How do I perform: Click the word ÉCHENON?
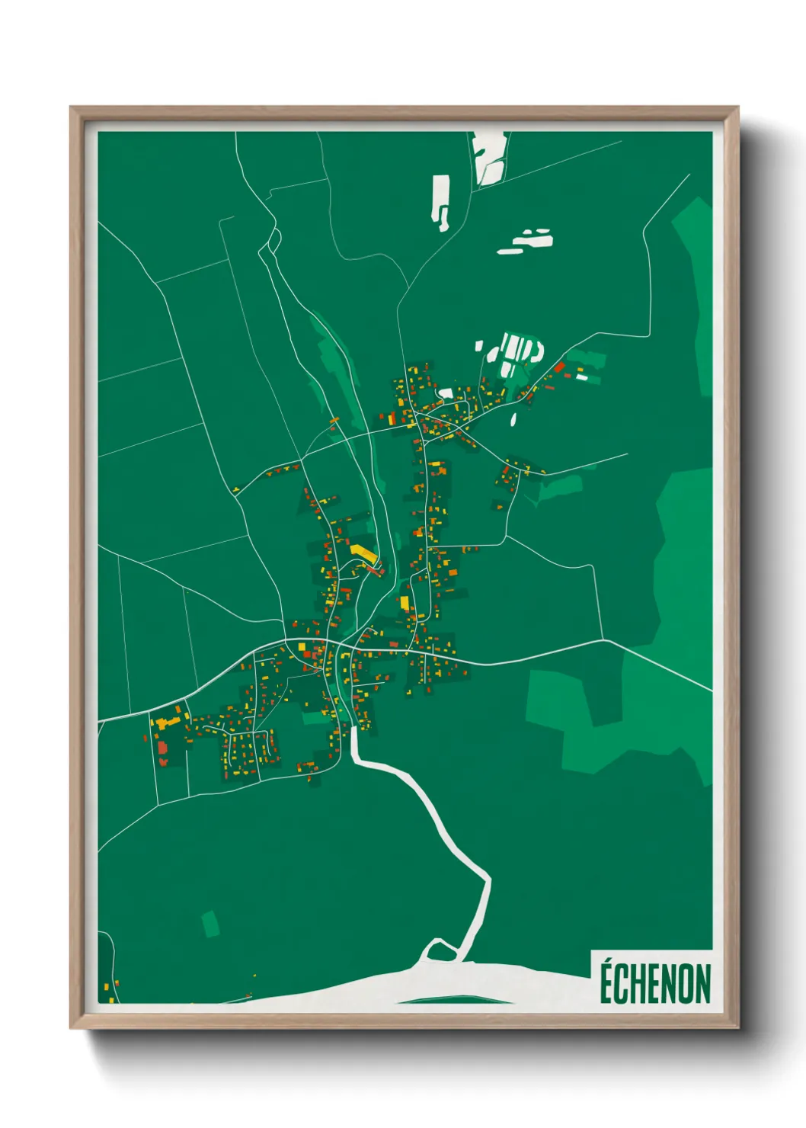[654, 983]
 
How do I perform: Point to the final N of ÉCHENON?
[702, 984]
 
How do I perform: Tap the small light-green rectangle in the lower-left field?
[211, 924]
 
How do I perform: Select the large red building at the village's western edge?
[162, 750]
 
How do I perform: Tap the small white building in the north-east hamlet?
[582, 377]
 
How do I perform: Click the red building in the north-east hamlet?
[559, 367]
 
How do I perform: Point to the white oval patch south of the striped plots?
[513, 418]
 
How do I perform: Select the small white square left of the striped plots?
[479, 346]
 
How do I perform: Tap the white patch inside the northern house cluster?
[446, 394]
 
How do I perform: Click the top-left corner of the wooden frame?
[72, 109]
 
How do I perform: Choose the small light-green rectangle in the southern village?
[312, 718]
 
